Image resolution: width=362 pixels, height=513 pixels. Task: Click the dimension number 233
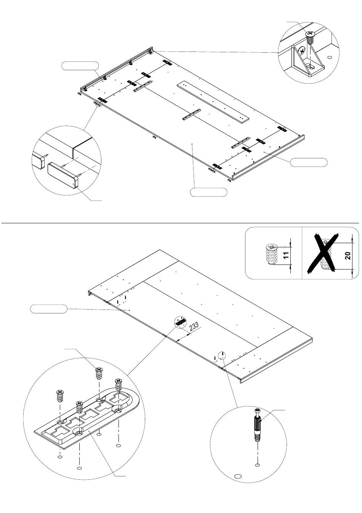point(194,327)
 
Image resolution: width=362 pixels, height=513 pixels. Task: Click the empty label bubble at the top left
point(80,66)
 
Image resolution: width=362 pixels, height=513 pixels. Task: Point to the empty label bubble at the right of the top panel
point(309,162)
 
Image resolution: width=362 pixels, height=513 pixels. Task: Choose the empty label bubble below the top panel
point(208,192)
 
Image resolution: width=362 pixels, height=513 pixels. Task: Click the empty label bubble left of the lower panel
point(49,309)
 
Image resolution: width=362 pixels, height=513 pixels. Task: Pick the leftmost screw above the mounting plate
point(60,395)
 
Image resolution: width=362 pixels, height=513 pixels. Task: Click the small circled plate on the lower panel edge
point(180,323)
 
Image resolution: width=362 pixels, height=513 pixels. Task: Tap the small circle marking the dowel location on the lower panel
point(222,355)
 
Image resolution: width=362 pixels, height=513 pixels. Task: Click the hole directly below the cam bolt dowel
point(258,465)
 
